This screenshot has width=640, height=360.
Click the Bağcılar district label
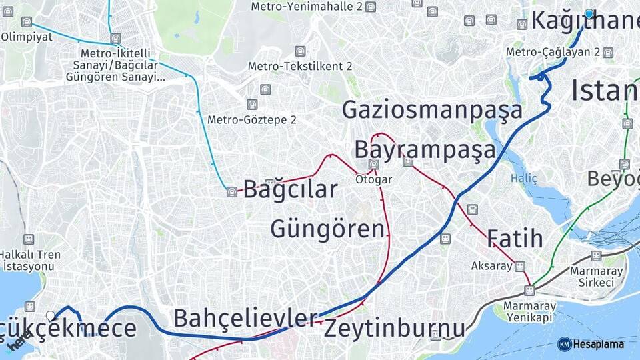pyautogui.click(x=290, y=189)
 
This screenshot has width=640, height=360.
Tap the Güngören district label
pyautogui.click(x=327, y=229)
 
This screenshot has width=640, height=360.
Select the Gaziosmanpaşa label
pyautogui.click(x=432, y=110)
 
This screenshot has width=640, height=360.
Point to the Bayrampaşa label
pyautogui.click(x=425, y=149)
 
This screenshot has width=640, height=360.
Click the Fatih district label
pyautogui.click(x=515, y=239)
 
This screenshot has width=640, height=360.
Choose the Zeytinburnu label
pyautogui.click(x=394, y=329)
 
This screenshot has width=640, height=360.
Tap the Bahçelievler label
pyautogui.click(x=245, y=318)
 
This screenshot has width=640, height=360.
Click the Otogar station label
pyautogui.click(x=373, y=179)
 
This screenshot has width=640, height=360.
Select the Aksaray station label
pyautogui.click(x=492, y=265)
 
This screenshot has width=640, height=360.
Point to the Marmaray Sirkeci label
pyautogui.click(x=597, y=277)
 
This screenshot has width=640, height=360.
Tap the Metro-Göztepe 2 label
pyautogui.click(x=251, y=120)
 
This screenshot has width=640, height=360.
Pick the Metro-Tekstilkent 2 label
pyautogui.click(x=300, y=66)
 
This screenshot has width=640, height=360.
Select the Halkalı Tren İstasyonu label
pyautogui.click(x=30, y=260)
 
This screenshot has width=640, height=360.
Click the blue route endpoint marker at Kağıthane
pyautogui.click(x=589, y=13)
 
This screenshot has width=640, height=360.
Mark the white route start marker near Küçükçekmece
pyautogui.click(x=50, y=315)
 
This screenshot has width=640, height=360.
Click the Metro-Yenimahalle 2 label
pyautogui.click(x=306, y=6)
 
